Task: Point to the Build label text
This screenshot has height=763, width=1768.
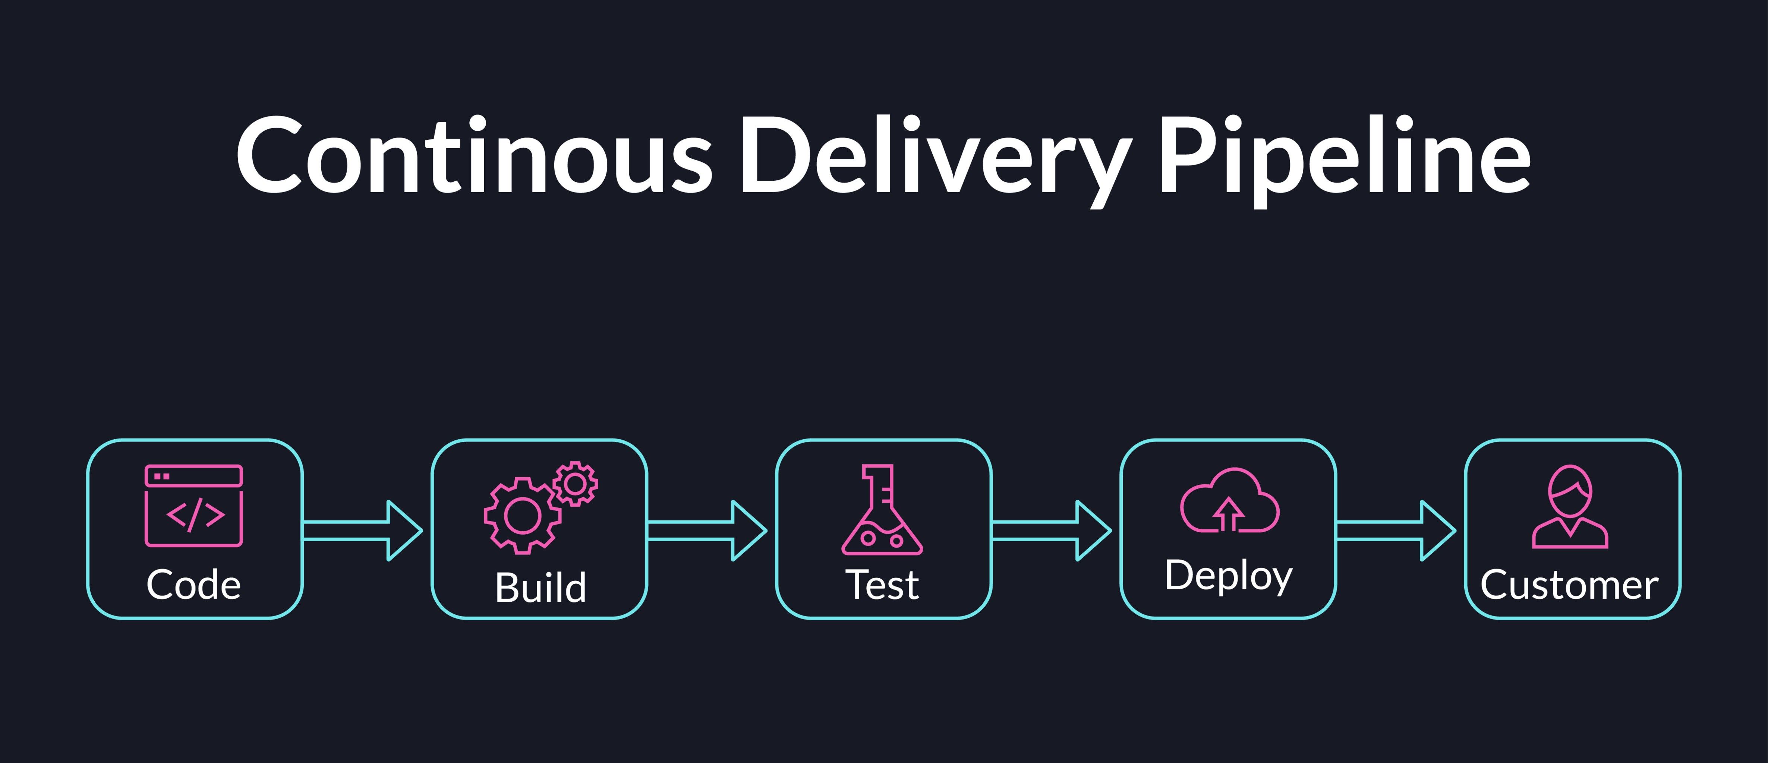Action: pos(541,588)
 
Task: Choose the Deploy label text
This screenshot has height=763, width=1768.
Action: pos(1229,576)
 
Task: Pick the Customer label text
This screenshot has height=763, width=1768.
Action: pos(1570,585)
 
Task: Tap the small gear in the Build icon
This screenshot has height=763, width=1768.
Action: pos(575,484)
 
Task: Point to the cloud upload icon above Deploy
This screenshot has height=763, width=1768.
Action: pos(1229,501)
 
